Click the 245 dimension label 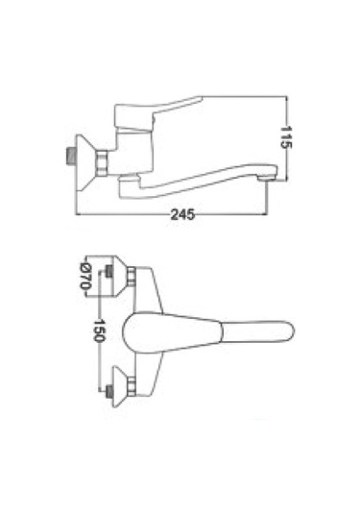point(182,214)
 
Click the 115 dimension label point(286,137)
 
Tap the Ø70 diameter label point(84,277)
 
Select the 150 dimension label point(99,330)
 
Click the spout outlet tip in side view point(265,179)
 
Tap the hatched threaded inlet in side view point(70,157)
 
